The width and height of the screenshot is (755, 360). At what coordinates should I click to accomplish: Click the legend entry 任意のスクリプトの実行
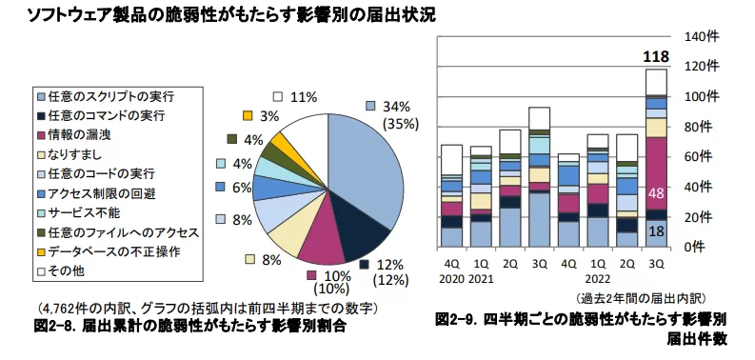108,95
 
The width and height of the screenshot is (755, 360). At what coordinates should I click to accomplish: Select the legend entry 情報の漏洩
86,134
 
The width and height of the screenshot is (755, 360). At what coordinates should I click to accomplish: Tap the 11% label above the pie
303,96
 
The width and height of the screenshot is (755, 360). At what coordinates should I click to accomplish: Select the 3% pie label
269,116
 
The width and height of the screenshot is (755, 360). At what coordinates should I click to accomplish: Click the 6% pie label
241,188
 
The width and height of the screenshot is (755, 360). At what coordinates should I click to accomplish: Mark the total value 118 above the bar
656,58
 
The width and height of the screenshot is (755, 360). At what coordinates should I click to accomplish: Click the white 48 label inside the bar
656,193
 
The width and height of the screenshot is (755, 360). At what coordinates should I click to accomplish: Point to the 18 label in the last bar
656,231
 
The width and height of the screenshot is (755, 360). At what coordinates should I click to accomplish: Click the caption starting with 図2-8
190,327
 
